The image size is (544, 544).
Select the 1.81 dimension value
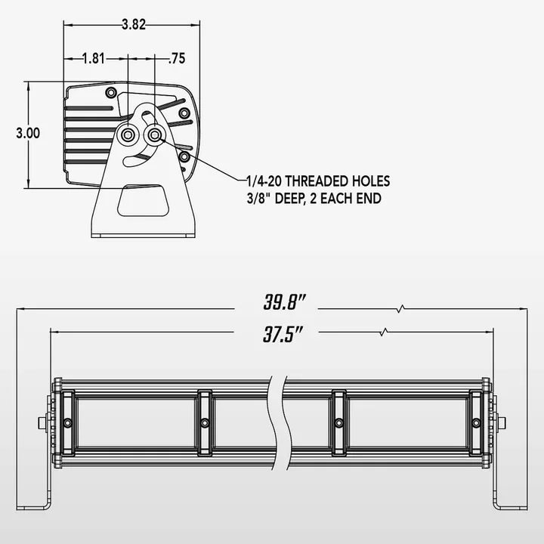[94, 57]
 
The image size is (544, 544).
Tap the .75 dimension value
[178, 57]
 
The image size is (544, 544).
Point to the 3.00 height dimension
[28, 133]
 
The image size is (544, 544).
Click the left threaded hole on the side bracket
[128, 134]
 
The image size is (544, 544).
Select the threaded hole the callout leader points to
[155, 134]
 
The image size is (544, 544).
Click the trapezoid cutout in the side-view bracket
[144, 201]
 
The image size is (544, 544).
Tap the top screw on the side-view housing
[112, 93]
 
